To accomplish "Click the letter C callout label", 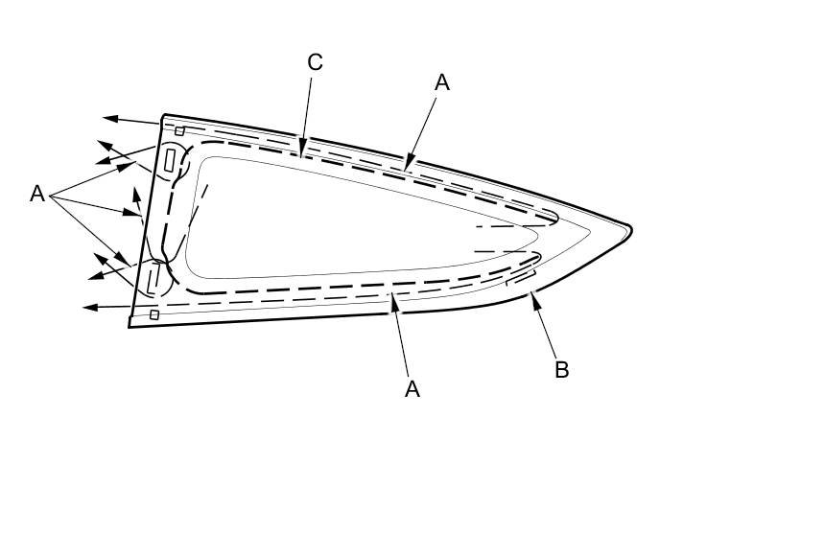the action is coord(316,62).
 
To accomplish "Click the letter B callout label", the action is coord(562,370).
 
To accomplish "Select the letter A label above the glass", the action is coord(442,82).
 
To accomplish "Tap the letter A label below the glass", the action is coord(412,388).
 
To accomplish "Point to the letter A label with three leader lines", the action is coord(37,194).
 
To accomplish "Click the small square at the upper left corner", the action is coord(179,130).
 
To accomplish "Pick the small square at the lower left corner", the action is coord(153,314).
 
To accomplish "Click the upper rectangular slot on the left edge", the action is coord(172,160).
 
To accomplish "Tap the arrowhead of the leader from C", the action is coord(302,152).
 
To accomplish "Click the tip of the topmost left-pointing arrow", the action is coord(105,118).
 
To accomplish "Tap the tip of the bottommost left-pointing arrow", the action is coord(84,308).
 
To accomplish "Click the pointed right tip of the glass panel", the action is coord(630,229).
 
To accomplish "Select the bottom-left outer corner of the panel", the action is coord(130,327).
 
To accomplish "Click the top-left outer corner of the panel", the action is coord(164,115).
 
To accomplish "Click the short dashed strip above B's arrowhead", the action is coord(520,279).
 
